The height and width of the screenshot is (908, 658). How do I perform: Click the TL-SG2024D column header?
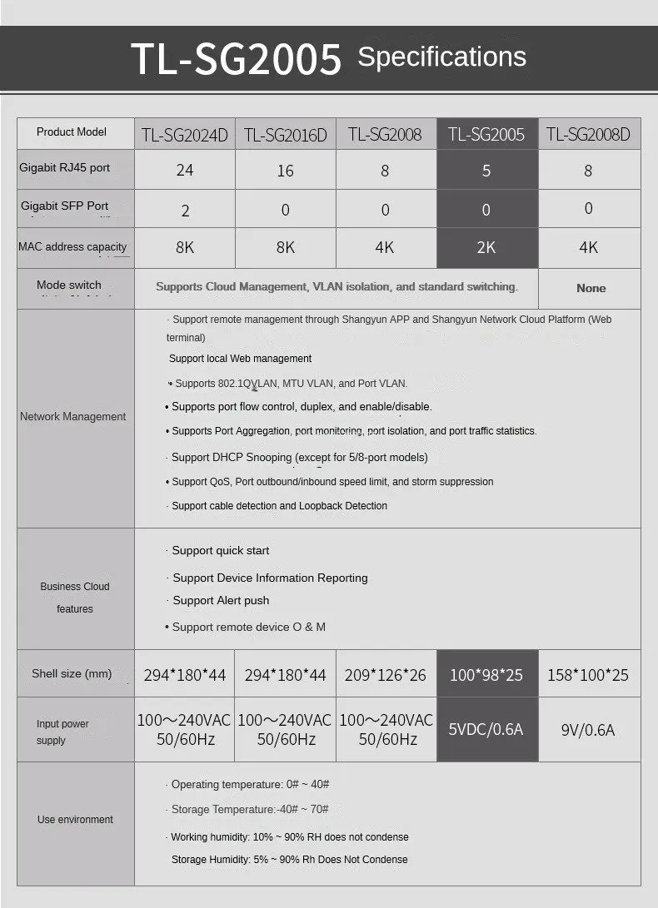pos(185,135)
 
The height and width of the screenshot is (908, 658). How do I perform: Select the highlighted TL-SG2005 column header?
pos(486,135)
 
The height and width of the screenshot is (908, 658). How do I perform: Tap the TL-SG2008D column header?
pos(588,135)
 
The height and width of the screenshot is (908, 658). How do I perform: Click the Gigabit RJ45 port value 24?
pos(185,171)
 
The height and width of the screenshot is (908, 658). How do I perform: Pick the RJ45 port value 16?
pos(285,171)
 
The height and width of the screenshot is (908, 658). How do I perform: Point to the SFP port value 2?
pos(185,210)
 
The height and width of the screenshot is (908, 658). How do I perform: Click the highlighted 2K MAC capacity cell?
pos(486,248)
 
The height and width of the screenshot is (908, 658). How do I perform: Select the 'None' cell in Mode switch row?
pos(591,288)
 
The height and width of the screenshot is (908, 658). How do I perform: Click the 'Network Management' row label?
pos(73,417)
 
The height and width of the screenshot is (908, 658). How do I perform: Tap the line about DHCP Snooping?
pos(299,457)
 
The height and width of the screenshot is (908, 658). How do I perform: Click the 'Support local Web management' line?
pos(240,359)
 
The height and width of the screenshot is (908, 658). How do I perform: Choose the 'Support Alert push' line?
pos(221,600)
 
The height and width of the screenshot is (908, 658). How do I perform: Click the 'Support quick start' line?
pos(221,550)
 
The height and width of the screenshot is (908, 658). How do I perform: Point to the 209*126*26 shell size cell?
pos(385,675)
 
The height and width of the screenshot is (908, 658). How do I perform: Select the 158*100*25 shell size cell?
pos(588,675)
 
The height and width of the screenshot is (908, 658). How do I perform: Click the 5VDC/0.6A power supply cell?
pos(486,730)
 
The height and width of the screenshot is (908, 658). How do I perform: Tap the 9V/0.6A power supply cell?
pos(588,730)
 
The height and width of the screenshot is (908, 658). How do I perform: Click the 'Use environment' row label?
pos(75,820)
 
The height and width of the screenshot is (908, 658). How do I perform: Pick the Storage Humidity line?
pos(289,860)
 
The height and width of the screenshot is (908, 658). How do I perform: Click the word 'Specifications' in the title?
pos(441,57)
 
